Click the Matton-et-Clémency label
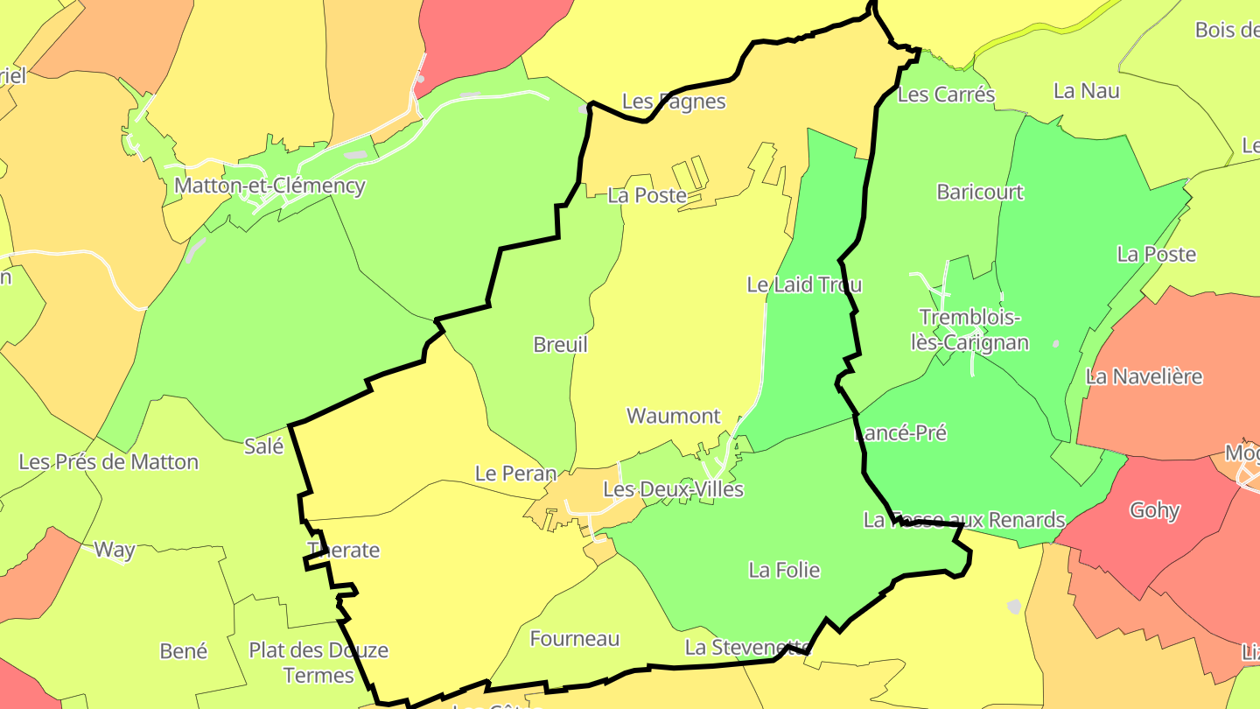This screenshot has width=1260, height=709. point(269,186)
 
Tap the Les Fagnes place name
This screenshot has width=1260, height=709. point(674,102)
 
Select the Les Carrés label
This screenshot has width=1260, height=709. point(947,95)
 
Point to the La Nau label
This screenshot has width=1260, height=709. point(1087,90)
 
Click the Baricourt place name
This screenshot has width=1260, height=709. point(980,192)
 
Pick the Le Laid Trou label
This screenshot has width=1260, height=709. point(804,284)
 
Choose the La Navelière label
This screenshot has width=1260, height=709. point(1144,376)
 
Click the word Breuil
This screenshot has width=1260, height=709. point(561,345)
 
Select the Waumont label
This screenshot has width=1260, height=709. point(674,416)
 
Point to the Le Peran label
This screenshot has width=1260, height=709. point(515,474)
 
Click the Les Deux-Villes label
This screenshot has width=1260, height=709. point(674,489)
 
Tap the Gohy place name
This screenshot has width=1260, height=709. point(1155,510)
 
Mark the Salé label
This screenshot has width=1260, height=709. point(264,446)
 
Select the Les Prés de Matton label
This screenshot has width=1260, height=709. point(108,462)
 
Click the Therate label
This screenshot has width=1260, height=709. point(344,551)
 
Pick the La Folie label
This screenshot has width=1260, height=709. point(785,571)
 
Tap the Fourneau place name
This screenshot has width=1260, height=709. point(575,639)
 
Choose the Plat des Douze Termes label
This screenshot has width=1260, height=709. point(318,663)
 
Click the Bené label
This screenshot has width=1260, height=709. point(184,651)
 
